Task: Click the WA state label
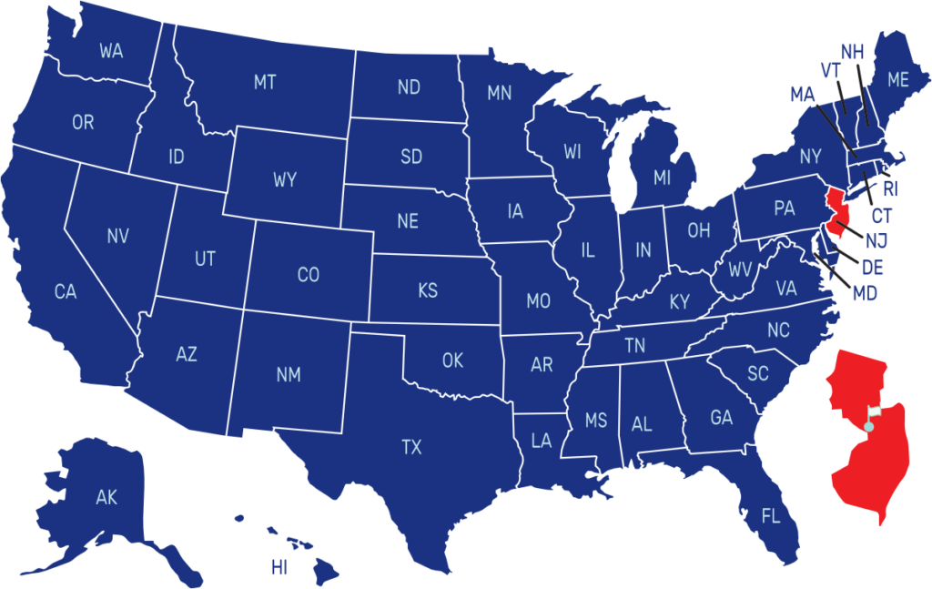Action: coord(111,52)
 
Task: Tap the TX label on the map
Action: coord(411,447)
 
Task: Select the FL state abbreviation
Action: coord(771,517)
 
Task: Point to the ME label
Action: coord(898,80)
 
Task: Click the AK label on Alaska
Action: coord(106,497)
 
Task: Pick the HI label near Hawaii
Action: coord(279,568)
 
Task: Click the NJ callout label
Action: coord(876,240)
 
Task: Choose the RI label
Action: coord(889,188)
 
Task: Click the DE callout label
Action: coord(872,268)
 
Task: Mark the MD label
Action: coord(865,294)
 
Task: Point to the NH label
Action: coord(852,51)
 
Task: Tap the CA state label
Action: coord(65,292)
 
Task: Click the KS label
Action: coord(428,291)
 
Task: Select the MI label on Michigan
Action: coord(662,178)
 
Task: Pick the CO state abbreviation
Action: coord(309,275)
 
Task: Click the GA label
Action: coord(721,418)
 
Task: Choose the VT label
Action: coord(829,70)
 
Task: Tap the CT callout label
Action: coord(881,216)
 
